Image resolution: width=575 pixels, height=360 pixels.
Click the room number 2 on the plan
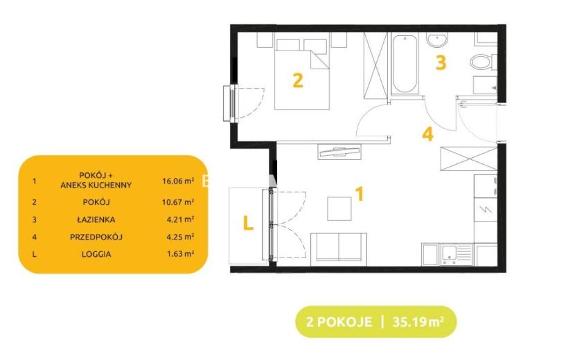tap(298, 80)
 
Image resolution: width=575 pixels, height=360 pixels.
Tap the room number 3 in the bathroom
tap(441, 62)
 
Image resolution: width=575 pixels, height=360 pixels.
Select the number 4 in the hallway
tap(427, 134)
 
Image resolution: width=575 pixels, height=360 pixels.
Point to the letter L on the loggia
tap(248, 222)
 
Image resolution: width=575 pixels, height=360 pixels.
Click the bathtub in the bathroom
tap(405, 64)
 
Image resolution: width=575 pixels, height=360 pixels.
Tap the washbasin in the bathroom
tap(437, 40)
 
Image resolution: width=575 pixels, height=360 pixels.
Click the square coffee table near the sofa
tap(339, 208)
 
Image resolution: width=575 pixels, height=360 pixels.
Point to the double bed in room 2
tap(302, 74)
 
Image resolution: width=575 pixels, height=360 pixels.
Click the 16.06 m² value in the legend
tap(178, 181)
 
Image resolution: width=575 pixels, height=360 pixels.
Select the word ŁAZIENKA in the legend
tap(96, 219)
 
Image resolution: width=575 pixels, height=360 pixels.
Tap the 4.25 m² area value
tap(180, 237)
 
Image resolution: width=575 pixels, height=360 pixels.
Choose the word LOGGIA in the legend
tap(96, 253)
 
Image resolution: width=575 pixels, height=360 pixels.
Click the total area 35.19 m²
tap(418, 322)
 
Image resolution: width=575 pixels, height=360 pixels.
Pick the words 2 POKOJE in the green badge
tap(339, 322)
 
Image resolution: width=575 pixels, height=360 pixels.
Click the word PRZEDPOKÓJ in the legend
tap(96, 237)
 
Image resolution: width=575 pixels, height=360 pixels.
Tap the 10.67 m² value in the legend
tap(178, 201)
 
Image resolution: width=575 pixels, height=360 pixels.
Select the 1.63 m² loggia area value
tap(180, 253)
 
